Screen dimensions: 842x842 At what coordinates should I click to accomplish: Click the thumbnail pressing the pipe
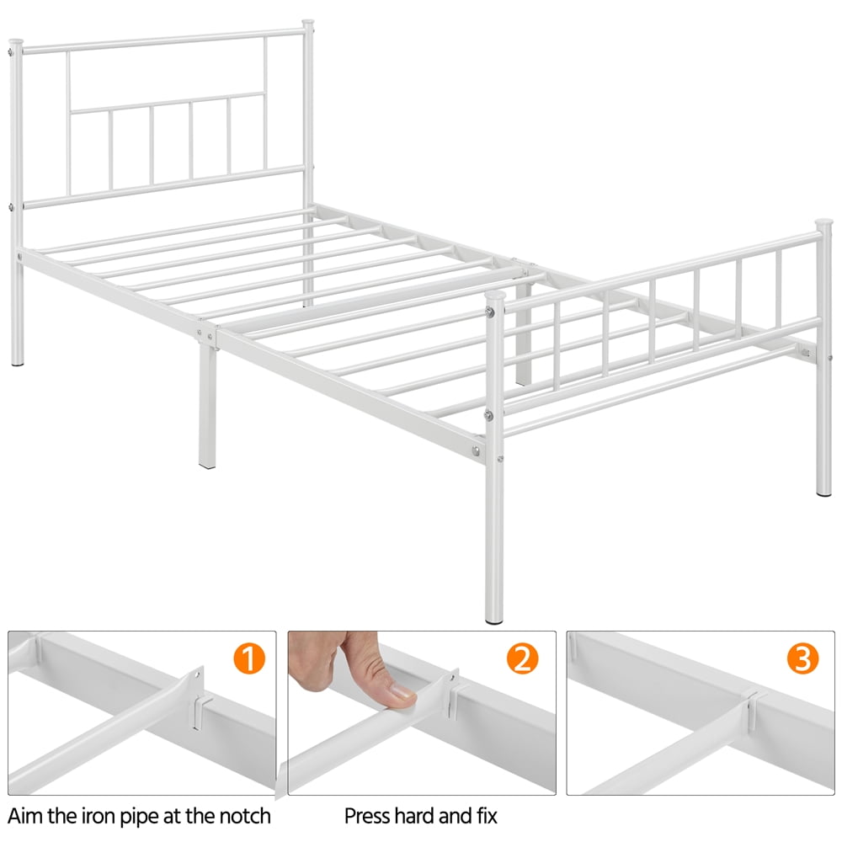tap(421, 713)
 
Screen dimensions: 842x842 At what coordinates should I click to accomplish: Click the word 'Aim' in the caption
tap(26, 816)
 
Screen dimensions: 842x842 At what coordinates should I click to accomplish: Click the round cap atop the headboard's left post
tap(14, 43)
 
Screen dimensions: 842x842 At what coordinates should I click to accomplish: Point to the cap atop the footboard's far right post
tap(823, 224)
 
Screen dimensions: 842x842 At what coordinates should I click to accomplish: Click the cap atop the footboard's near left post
tap(495, 297)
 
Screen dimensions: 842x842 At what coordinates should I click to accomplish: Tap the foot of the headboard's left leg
tap(18, 362)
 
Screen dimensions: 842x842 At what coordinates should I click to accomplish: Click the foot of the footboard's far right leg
tap(823, 491)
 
